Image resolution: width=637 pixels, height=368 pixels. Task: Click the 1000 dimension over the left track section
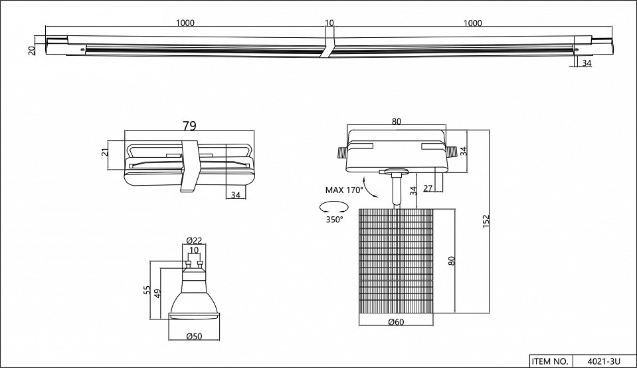[185, 23]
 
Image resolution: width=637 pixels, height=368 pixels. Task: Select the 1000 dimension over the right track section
[472, 23]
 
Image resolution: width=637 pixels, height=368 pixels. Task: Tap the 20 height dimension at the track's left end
[32, 51]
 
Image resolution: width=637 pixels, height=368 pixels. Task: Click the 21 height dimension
[104, 152]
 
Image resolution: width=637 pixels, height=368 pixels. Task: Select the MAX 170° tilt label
[344, 190]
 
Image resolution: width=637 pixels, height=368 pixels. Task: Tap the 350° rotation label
[334, 220]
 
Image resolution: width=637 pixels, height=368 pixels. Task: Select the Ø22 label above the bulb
[193, 240]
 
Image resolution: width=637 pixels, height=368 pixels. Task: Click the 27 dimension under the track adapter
[428, 188]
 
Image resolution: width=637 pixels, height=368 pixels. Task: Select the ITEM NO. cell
[549, 361]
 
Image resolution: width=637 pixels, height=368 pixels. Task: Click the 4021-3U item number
[603, 361]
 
